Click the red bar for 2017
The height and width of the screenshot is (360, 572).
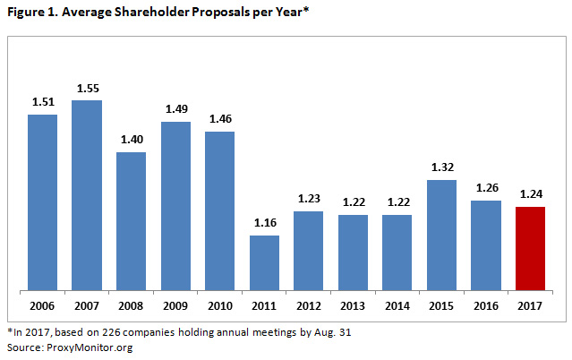click(530, 248)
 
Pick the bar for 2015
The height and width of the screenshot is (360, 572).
click(441, 235)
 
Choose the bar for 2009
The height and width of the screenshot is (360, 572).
click(175, 206)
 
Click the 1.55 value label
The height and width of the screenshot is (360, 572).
click(87, 89)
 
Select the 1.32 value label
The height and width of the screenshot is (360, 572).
click(441, 168)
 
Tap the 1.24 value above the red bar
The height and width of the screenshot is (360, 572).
click(530, 194)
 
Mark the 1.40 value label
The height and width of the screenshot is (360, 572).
click(132, 141)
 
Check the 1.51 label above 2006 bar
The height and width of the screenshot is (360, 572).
click(43, 103)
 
